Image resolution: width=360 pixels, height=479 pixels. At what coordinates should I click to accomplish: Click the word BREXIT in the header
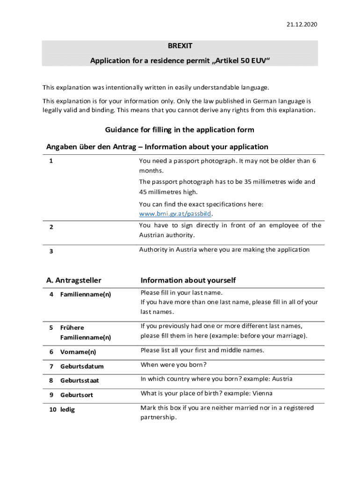tap(180, 46)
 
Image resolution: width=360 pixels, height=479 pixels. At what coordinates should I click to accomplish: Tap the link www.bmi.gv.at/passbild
tap(175, 214)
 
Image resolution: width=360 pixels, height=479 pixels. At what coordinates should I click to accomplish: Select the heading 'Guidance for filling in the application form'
tap(180, 130)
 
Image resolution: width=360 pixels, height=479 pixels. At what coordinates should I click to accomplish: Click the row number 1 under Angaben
tap(50, 161)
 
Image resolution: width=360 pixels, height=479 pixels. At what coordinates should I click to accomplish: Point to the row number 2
tap(51, 227)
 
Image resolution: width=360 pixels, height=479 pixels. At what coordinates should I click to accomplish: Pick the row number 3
tap(51, 251)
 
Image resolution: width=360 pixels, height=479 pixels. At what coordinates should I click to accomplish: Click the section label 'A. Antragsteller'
tap(74, 280)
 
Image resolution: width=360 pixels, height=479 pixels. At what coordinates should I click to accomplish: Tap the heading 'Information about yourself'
tap(188, 280)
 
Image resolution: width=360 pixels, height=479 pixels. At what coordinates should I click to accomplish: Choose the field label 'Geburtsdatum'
tap(82, 366)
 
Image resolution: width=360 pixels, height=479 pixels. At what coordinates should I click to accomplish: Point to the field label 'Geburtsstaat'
tap(79, 381)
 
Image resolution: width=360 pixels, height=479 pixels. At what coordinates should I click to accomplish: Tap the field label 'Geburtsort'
tap(77, 395)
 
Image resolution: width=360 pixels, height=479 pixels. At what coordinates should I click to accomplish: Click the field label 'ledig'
tap(67, 410)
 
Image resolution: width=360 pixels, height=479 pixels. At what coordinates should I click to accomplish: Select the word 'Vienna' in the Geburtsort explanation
tap(262, 393)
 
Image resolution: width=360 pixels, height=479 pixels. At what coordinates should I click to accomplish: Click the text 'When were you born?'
tap(173, 364)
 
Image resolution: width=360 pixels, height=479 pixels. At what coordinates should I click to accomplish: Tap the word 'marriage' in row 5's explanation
tap(291, 336)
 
